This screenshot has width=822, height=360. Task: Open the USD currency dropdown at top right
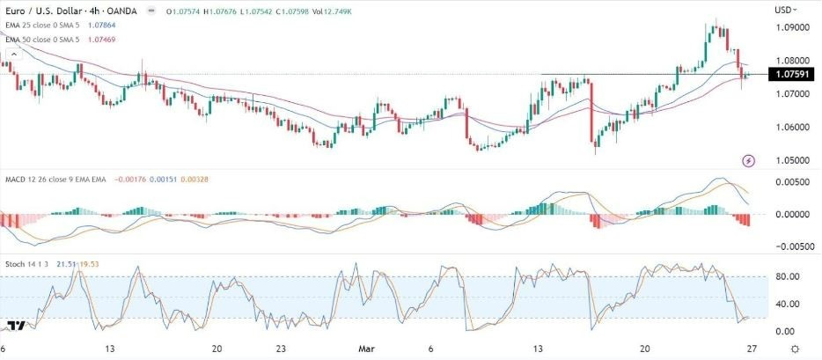pyautogui.click(x=786, y=9)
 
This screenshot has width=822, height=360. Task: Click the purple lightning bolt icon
pyautogui.click(x=748, y=160)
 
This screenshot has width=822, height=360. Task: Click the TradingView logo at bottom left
pyautogui.click(x=15, y=327)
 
